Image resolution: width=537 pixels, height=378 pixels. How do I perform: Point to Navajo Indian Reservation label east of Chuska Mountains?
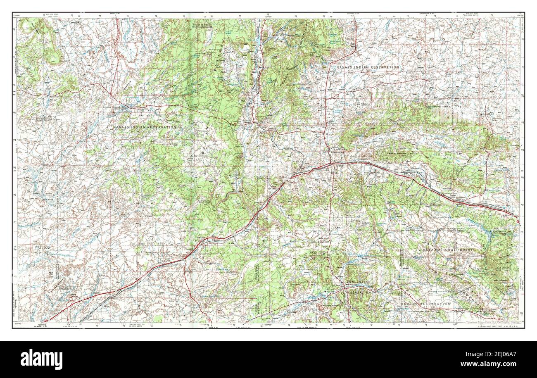367,67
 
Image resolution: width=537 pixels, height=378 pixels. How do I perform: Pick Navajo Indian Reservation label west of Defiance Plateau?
145,128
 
